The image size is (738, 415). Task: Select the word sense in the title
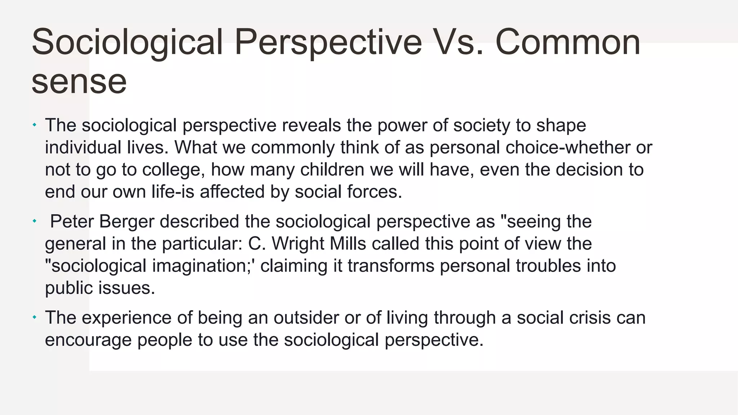tap(79, 82)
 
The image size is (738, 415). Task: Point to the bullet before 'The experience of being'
tap(35, 317)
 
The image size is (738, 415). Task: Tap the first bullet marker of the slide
tap(35, 125)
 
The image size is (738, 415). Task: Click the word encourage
tap(88, 340)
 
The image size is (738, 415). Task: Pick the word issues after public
tap(126, 288)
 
